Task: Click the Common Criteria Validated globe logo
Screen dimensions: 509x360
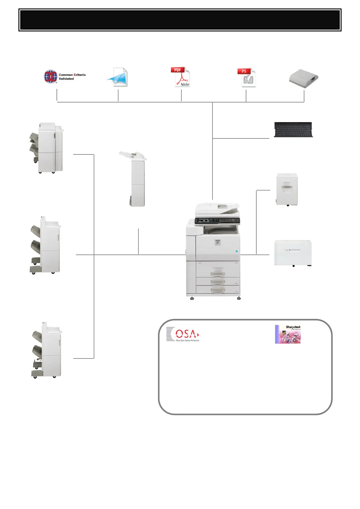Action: [x=50, y=76]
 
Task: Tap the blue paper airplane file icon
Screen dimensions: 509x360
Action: [x=118, y=78]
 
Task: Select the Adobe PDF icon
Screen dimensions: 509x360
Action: [x=180, y=77]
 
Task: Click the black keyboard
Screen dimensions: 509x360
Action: [x=293, y=130]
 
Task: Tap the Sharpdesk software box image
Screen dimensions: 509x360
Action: [x=288, y=334]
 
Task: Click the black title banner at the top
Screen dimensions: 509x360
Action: [x=180, y=20]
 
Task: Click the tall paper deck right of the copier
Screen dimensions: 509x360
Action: [x=287, y=189]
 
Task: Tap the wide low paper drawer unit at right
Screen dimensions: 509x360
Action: [x=292, y=253]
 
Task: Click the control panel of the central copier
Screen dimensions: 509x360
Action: [x=217, y=220]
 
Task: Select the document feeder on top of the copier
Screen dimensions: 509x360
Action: [x=217, y=209]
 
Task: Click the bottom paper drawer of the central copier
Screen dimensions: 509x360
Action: [x=218, y=289]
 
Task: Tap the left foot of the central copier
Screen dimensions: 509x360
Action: [x=192, y=298]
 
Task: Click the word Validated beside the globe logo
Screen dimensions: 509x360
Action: [x=66, y=79]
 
